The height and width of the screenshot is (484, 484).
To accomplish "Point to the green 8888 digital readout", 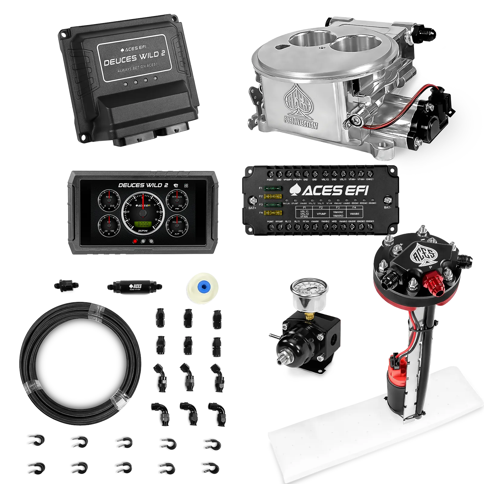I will pos(141,224).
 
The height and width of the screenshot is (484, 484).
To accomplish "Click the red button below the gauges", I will pos(136,241).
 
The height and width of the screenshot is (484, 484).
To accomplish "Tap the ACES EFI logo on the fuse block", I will pos(329,191).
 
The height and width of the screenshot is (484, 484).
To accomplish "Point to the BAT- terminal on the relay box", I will pos(388,200).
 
